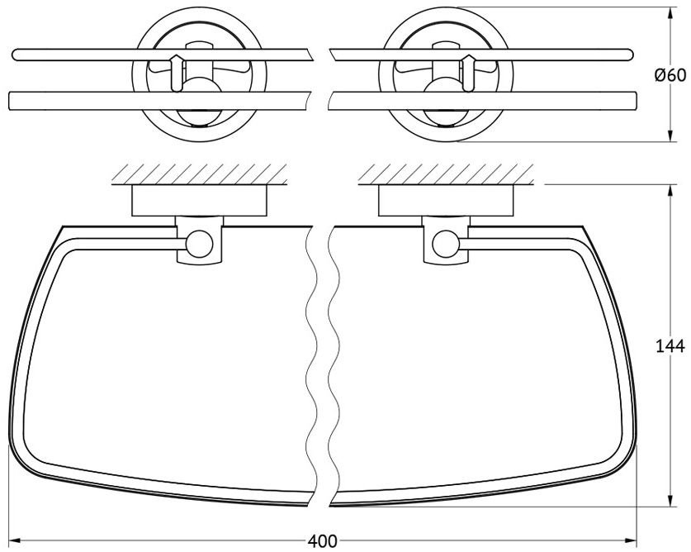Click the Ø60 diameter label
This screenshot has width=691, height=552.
tap(670, 75)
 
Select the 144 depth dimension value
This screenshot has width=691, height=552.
tap(670, 346)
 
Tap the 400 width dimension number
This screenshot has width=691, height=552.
tap(322, 541)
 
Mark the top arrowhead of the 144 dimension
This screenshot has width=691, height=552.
tap(670, 191)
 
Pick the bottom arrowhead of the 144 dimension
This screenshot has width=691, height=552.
tap(670, 501)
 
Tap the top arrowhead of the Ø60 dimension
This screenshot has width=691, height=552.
tap(670, 13)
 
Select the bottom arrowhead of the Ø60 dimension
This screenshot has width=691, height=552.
tap(670, 136)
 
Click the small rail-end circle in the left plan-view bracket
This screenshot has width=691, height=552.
tap(199, 244)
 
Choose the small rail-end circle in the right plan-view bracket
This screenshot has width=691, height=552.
tap(446, 244)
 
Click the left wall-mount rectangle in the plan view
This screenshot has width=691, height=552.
tap(199, 201)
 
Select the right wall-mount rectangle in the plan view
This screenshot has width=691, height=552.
tap(446, 201)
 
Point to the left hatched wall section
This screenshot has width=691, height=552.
tap(199, 174)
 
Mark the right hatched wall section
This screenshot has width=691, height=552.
tap(446, 174)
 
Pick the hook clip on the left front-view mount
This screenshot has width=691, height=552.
tap(177, 74)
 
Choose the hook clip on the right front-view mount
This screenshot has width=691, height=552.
tap(468, 74)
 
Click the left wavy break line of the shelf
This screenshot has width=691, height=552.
tap(312, 366)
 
